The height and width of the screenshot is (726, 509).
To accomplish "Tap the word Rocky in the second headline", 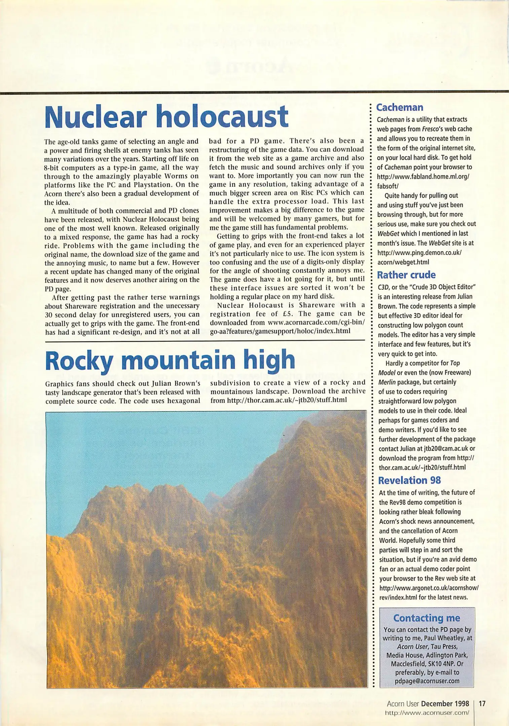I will [79, 360].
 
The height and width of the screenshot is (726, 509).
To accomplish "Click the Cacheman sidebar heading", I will [399, 108].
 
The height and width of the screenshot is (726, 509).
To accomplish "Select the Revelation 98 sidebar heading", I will [409, 480].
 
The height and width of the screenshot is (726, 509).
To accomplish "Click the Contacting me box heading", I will [426, 618].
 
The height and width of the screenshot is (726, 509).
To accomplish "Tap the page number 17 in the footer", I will [482, 703].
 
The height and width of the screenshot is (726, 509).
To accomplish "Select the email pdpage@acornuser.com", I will [427, 681].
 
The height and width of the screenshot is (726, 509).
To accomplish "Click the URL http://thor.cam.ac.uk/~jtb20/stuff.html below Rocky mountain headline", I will [287, 400].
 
